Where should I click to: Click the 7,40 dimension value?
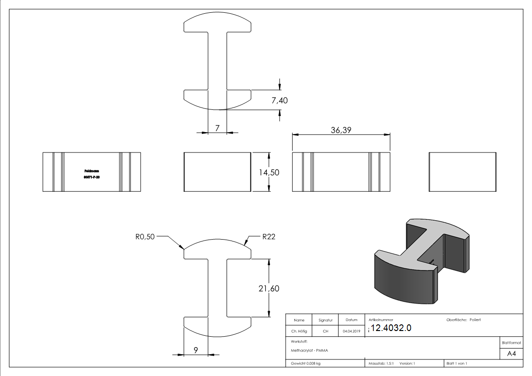(x=280, y=100)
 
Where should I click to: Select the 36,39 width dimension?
(x=341, y=130)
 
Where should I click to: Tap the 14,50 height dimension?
(x=269, y=172)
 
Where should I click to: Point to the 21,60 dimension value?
(x=269, y=288)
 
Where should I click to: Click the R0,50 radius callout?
(x=145, y=237)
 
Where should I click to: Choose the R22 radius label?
(x=269, y=237)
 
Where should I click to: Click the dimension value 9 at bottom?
(x=195, y=350)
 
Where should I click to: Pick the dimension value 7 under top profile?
(x=217, y=128)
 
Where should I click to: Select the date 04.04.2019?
(x=352, y=331)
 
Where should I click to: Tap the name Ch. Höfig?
(x=299, y=331)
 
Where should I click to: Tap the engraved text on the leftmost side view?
(x=91, y=173)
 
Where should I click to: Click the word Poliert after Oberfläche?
(x=475, y=320)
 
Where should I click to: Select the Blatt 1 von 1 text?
(x=457, y=364)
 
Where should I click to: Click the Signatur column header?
(x=325, y=320)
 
